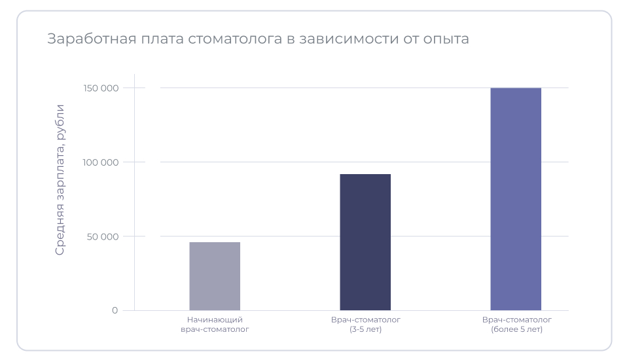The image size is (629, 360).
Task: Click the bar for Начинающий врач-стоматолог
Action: coord(215,276)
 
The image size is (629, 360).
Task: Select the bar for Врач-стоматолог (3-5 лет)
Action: coord(365,242)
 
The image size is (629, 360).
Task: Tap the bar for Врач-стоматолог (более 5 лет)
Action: coord(516,199)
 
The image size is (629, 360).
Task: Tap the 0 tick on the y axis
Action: coord(115,310)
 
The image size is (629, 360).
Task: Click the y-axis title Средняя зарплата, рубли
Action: coord(60,179)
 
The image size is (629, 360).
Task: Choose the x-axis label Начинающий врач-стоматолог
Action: coord(215,325)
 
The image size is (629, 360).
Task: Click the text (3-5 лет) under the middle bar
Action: coord(365,330)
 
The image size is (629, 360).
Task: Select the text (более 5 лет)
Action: coord(516,330)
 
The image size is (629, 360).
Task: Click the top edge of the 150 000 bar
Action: coord(516,88)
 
